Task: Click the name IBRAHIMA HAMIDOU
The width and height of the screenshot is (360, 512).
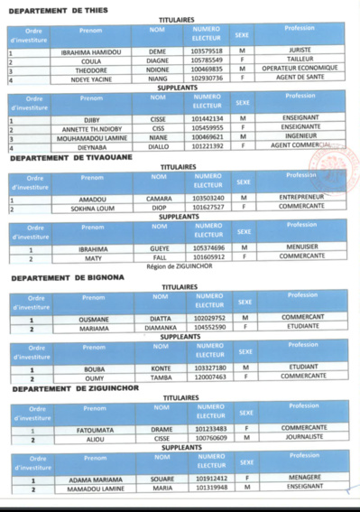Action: pyautogui.click(x=90, y=52)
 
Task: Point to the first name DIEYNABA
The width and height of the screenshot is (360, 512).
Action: pyautogui.click(x=91, y=144)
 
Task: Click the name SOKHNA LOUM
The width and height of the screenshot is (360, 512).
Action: pyautogui.click(x=91, y=207)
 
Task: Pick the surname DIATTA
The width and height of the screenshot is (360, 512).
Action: pyautogui.click(x=161, y=318)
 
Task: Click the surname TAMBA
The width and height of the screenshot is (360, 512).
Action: pyautogui.click(x=161, y=377)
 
